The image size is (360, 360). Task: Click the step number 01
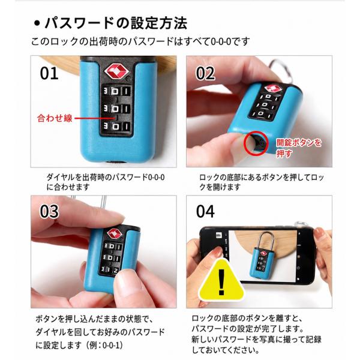click(49, 73)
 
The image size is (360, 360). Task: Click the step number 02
click(205, 73)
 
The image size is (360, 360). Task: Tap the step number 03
click(49, 211)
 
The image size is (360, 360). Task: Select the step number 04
click(205, 211)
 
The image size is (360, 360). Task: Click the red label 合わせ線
click(55, 118)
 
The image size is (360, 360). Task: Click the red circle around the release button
click(256, 143)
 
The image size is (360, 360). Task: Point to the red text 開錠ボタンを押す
click(298, 148)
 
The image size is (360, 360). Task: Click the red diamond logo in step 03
click(115, 234)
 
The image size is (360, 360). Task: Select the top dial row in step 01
click(116, 91)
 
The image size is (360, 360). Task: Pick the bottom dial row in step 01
click(116, 126)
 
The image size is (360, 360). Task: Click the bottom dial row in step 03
click(110, 270)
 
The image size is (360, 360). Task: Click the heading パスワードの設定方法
click(116, 23)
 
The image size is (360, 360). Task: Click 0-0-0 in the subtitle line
click(221, 41)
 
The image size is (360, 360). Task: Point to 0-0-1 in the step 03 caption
click(111, 346)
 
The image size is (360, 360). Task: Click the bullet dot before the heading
click(37, 23)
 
